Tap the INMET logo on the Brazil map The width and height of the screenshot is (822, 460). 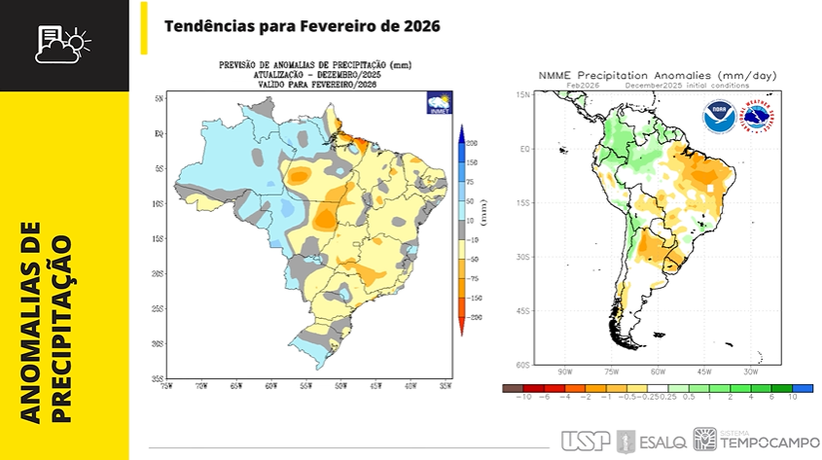pyautogui.click(x=438, y=104)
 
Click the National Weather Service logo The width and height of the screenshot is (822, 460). pyautogui.click(x=760, y=118)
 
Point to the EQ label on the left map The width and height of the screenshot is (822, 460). pyautogui.click(x=158, y=134)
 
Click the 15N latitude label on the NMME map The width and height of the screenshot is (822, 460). pyautogui.click(x=522, y=94)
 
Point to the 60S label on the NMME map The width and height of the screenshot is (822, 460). pyautogui.click(x=522, y=365)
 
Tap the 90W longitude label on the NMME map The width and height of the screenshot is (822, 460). pyautogui.click(x=564, y=372)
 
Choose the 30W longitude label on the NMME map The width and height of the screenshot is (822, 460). pyautogui.click(x=751, y=372)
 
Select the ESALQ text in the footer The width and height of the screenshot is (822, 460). pyautogui.click(x=662, y=441)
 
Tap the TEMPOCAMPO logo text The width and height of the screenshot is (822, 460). pyautogui.click(x=762, y=443)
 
